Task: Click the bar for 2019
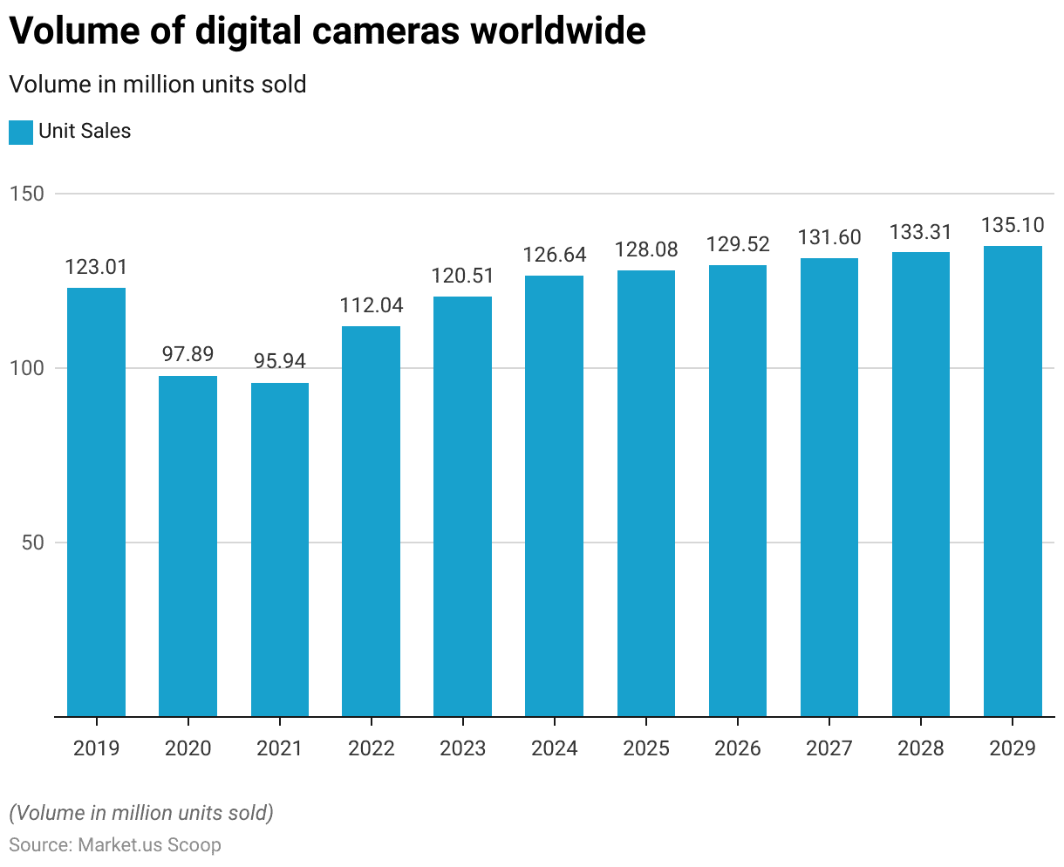coord(96,502)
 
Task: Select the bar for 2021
coord(279,550)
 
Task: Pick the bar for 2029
coord(1013,481)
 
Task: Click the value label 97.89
coord(188,354)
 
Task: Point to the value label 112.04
coord(371,305)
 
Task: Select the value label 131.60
coord(829,237)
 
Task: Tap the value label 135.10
coord(1013,225)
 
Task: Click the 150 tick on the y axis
coord(27,194)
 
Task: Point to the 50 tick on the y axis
coord(32,543)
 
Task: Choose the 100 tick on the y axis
coord(27,368)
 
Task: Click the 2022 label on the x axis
coord(371,748)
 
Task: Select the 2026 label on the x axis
coord(738,748)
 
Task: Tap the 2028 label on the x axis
coord(921,748)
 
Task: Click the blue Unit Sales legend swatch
coord(21,133)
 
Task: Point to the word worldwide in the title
coord(559,31)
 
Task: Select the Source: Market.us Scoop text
coord(115,845)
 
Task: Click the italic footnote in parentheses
coord(141,813)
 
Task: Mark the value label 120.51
coord(462,276)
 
